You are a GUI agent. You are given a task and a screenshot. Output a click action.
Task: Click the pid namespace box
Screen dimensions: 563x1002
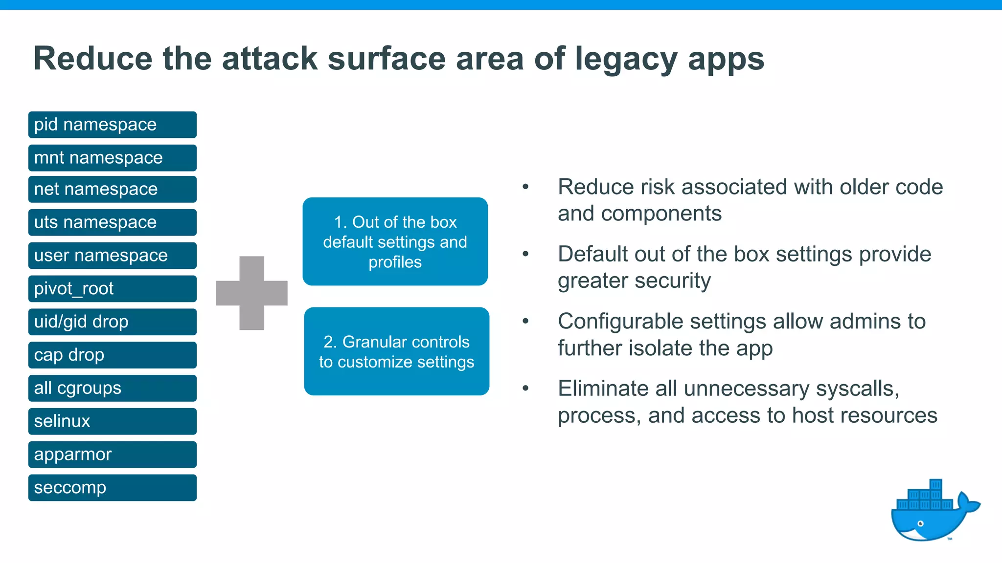coord(113,125)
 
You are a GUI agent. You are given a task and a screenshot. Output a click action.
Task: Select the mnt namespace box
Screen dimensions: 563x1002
coord(113,158)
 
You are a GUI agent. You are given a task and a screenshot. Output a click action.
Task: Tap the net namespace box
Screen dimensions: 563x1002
coord(113,189)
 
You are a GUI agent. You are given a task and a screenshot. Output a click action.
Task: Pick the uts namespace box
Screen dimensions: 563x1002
coord(113,222)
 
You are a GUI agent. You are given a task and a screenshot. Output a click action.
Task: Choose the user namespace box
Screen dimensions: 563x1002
coord(113,256)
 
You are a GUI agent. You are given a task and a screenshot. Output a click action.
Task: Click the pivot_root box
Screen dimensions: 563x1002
coord(113,289)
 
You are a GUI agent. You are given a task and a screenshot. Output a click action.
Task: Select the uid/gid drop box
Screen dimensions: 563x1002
coord(113,322)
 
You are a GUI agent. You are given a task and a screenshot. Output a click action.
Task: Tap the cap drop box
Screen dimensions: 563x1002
coord(113,355)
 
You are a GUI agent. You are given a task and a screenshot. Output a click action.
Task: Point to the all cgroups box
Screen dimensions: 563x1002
coord(113,389)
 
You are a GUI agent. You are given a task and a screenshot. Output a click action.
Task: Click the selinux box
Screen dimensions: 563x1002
coord(113,421)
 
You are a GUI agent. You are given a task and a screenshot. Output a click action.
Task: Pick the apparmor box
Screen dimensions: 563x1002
coord(113,455)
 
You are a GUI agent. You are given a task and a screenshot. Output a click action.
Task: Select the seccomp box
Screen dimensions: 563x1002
coord(113,488)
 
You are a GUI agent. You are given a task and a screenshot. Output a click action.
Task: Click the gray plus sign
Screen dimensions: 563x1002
coord(252,293)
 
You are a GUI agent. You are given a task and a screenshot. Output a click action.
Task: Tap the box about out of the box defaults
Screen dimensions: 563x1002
coord(395,241)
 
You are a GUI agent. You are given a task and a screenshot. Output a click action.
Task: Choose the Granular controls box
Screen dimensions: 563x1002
coord(397,351)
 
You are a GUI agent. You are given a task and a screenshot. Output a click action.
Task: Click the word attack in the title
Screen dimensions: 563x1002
coord(270,59)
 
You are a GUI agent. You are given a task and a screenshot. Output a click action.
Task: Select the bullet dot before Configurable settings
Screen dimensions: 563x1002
coord(525,321)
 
